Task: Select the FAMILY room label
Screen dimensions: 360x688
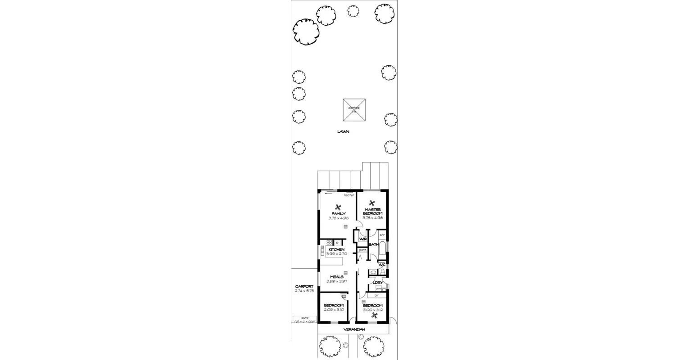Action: (x=339, y=214)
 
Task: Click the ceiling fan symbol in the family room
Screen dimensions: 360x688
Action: (x=338, y=206)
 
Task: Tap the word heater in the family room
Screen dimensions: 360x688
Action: (x=349, y=195)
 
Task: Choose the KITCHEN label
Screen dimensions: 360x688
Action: (x=336, y=249)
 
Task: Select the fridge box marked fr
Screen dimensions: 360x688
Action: (x=337, y=243)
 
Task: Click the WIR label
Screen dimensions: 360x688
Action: (x=362, y=239)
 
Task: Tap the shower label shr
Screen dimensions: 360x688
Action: (x=382, y=234)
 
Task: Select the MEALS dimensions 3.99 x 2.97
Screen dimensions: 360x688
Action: (x=337, y=281)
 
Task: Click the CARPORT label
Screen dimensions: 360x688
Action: (x=304, y=286)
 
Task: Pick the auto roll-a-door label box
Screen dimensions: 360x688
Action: (x=305, y=319)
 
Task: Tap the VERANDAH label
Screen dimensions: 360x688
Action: (x=354, y=329)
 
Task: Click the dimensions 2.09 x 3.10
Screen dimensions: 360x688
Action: (x=334, y=310)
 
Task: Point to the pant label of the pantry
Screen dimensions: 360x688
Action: (x=362, y=250)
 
